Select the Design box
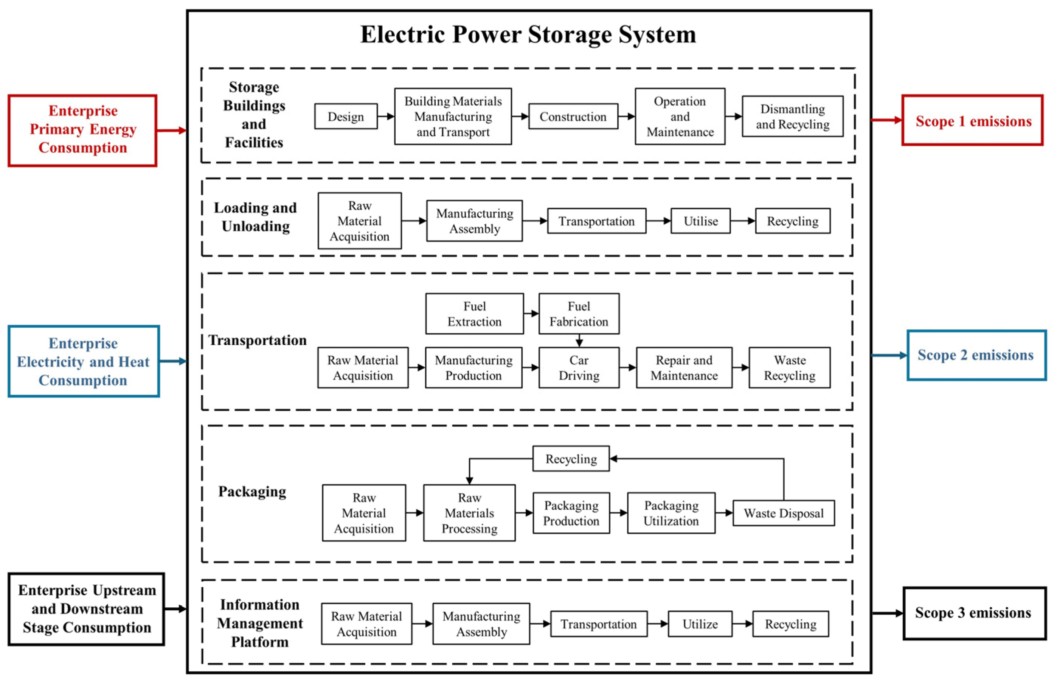[346, 117]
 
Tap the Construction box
[573, 117]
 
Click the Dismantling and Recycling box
[792, 117]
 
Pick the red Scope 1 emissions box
[972, 121]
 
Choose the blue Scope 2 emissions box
[976, 355]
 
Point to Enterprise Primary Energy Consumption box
[82, 130]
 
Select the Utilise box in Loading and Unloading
[700, 221]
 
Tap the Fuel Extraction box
[474, 314]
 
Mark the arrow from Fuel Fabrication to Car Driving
[579, 341]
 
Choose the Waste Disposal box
[783, 513]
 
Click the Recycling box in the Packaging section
[571, 459]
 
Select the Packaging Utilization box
[671, 513]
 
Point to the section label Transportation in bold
[258, 340]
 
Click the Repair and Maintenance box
[683, 368]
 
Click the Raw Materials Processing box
[469, 513]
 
